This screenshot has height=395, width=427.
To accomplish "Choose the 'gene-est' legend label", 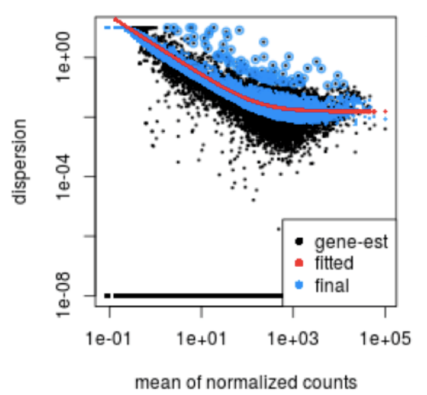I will (x=351, y=241).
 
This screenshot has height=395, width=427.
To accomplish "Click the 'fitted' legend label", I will (x=334, y=263).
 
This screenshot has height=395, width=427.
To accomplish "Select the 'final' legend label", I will (x=331, y=285).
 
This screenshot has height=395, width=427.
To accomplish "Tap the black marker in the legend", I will (x=299, y=241).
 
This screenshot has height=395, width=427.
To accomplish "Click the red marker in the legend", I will (x=299, y=263).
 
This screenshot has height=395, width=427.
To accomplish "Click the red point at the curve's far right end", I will (x=385, y=111).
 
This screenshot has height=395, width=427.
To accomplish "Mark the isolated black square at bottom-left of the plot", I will (x=108, y=296).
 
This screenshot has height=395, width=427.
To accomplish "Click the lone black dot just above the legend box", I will (x=279, y=229).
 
